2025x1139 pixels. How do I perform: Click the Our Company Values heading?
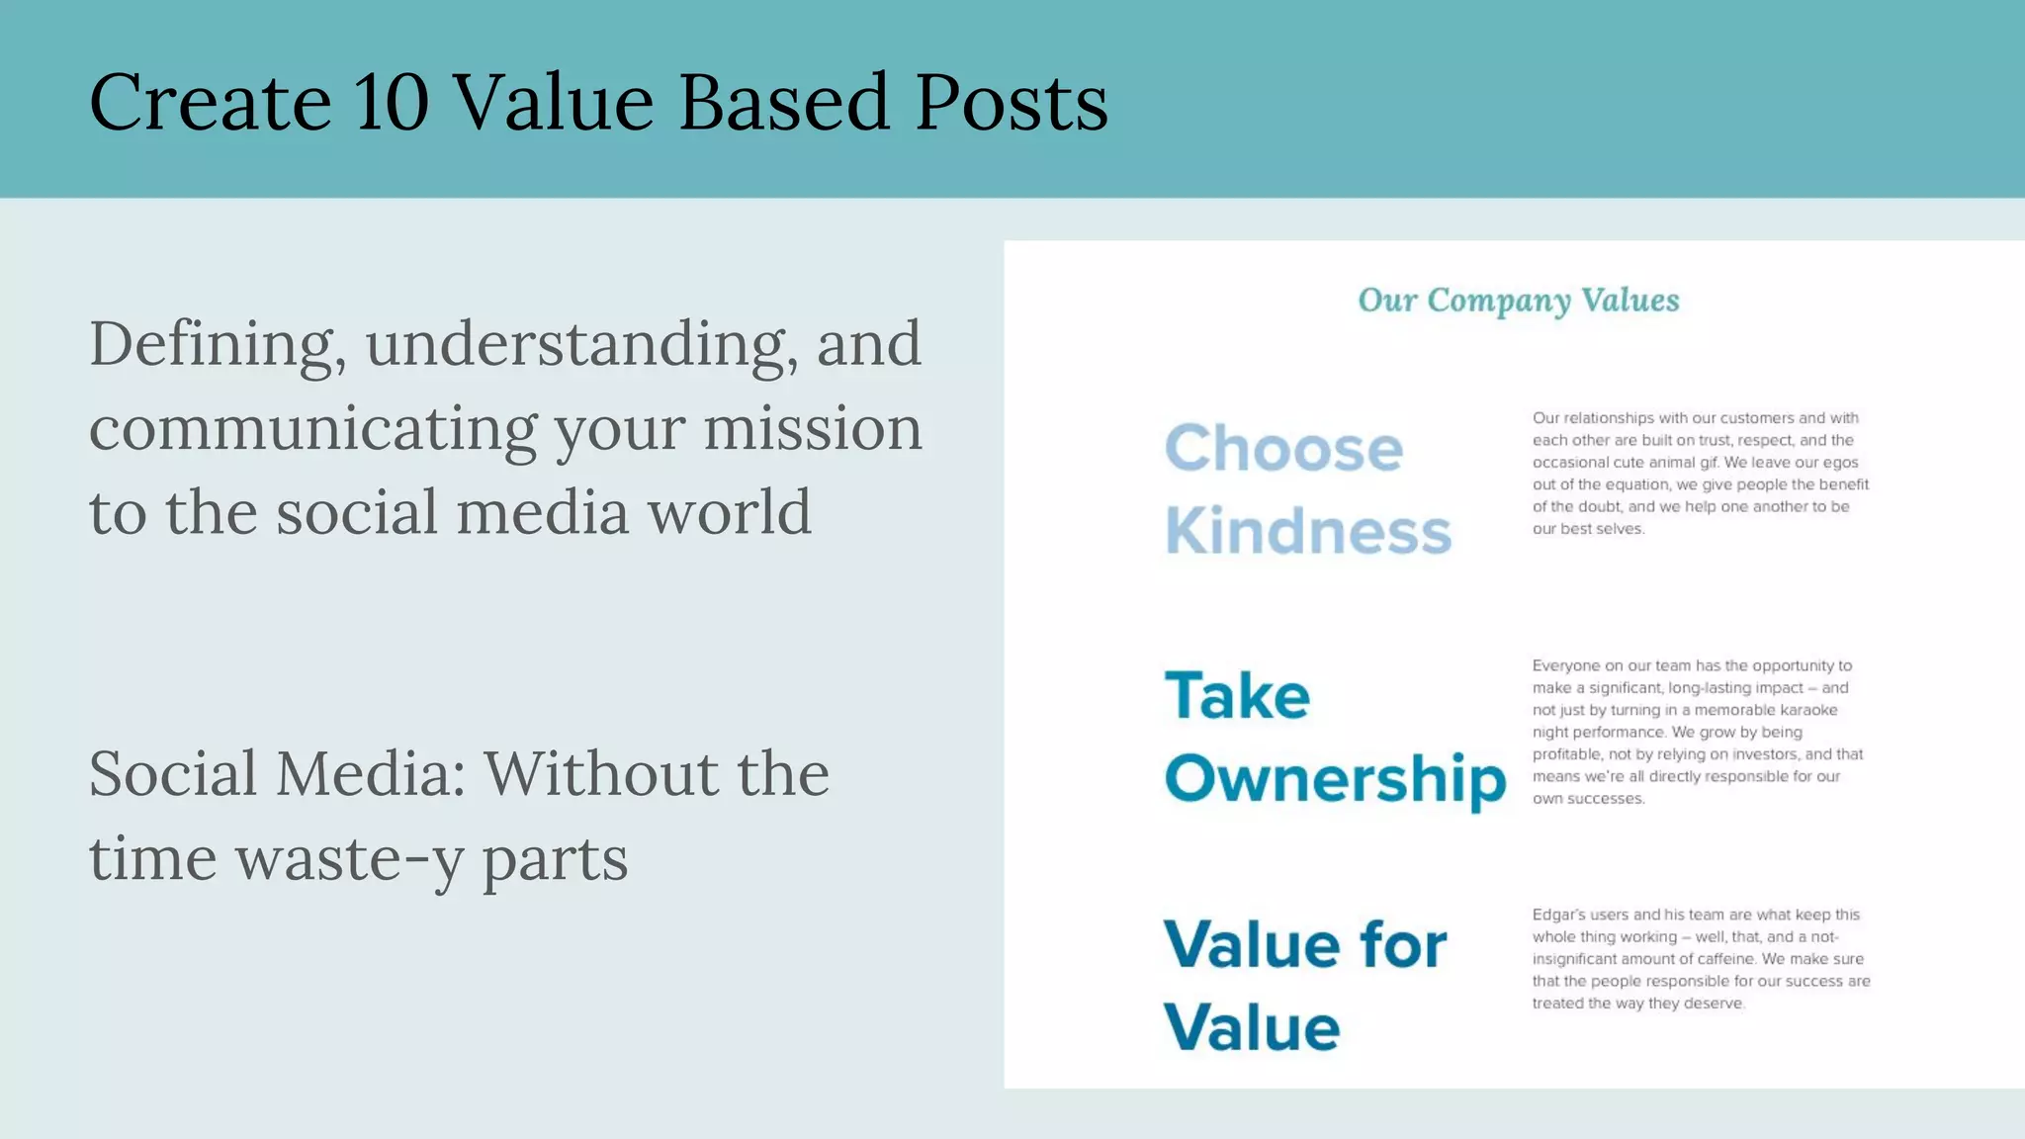pos(1518,301)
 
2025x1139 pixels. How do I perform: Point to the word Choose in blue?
pos(1283,449)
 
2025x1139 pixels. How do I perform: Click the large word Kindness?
pos(1307,532)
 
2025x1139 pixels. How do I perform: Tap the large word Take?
pos(1237,696)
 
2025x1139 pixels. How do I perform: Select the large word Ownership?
pos(1335,779)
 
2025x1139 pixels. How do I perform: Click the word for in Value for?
pos(1403,944)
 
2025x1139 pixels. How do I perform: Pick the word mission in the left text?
pos(812,429)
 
